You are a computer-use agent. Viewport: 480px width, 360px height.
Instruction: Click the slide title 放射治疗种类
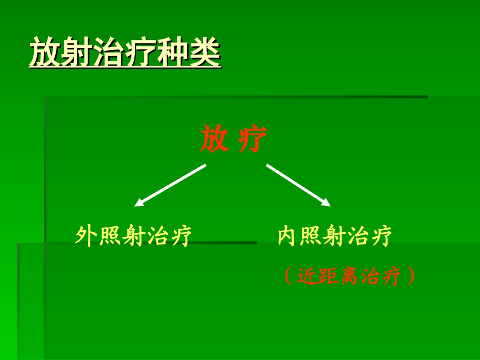coord(125,52)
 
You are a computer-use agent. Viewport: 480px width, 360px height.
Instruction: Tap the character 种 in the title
coord(173,52)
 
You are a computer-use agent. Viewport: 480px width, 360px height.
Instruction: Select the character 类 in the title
coord(205,52)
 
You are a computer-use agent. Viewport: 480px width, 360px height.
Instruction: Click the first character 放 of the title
coord(45,52)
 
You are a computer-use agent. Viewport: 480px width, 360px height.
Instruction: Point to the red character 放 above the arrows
coord(214,139)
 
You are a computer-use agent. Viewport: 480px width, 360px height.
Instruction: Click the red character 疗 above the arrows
coord(252,139)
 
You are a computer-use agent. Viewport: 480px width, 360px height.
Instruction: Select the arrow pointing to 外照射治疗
coord(171,185)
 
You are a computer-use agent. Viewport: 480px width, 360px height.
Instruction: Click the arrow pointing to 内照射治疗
coord(298,185)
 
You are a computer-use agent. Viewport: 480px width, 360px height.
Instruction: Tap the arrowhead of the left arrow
coord(139,203)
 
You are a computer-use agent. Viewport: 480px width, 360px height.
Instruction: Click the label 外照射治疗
coord(133,236)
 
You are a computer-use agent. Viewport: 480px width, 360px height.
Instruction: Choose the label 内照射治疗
coord(334,236)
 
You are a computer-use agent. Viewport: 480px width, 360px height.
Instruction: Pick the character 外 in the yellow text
coord(86,236)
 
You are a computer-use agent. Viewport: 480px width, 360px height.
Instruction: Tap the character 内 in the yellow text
coord(288,236)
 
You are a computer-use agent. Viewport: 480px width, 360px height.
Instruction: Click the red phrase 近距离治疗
coord(349,276)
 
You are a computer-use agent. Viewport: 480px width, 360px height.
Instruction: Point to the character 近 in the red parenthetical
coord(307,276)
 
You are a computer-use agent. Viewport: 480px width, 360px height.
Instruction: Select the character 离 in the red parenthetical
coord(349,276)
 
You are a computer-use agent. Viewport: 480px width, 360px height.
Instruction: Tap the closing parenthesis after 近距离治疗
coord(411,276)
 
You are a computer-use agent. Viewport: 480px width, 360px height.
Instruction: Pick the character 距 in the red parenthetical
coord(328,276)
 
